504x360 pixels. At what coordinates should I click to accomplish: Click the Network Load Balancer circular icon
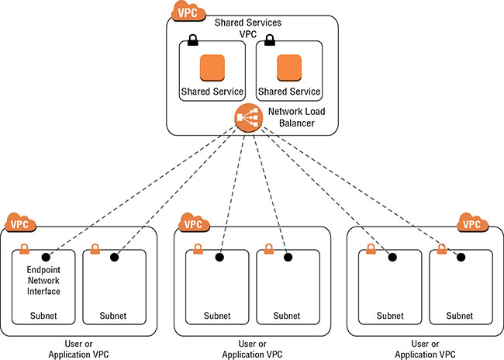coord(246,117)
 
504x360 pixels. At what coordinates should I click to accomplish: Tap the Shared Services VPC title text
coord(250,29)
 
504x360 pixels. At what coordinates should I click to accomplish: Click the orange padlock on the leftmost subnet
coord(24,250)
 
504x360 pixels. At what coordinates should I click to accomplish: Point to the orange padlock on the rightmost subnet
coord(441,250)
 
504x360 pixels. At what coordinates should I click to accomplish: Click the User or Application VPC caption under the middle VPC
coord(253,348)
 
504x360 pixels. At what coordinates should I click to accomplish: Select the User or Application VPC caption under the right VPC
coord(424,348)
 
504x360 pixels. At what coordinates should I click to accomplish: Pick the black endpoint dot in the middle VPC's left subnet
coord(219,256)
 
